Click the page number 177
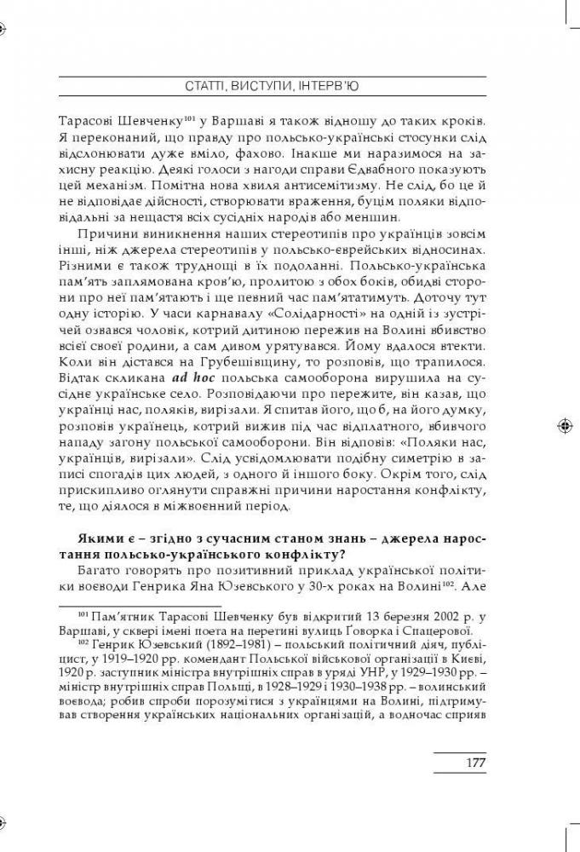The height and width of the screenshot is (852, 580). [x=475, y=762]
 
